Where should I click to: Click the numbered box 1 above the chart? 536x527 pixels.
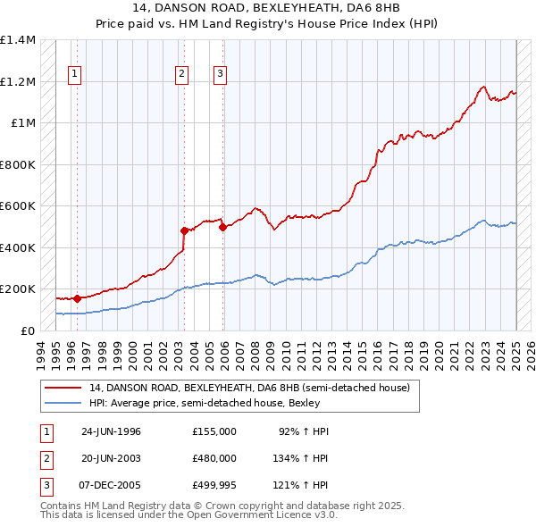[74, 74]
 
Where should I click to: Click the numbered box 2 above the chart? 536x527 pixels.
[181, 74]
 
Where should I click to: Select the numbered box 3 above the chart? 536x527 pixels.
[220, 74]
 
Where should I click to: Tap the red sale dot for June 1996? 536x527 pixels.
[77, 298]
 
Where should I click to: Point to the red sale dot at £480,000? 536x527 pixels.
[184, 230]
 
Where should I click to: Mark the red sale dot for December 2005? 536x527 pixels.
[222, 227]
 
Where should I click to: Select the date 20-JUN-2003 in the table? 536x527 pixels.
[111, 457]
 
